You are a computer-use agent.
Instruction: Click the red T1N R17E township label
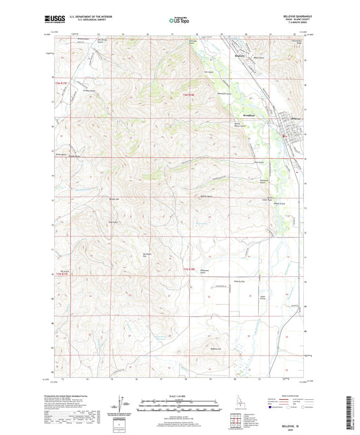point(61,274)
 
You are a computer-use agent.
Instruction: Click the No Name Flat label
point(147,255)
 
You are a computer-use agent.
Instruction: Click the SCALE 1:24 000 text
point(180,395)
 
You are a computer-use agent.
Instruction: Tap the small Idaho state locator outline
point(236,400)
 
